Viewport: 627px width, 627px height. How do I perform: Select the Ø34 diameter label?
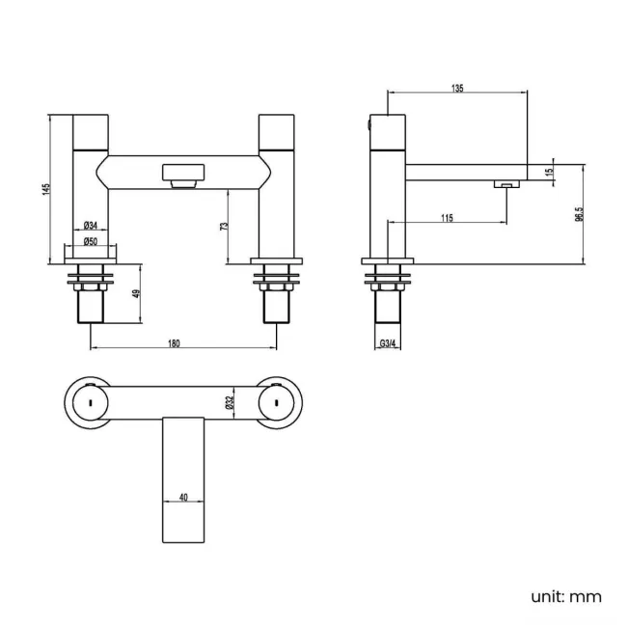(89, 226)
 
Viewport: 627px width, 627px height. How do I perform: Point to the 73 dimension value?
(224, 226)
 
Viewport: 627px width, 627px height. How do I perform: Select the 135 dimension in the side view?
(457, 88)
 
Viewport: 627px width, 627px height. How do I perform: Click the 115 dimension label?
(447, 218)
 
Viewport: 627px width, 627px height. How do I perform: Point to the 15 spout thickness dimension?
(549, 172)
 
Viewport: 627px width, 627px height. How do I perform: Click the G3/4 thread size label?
(389, 342)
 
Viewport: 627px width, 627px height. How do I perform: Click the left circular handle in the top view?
(89, 397)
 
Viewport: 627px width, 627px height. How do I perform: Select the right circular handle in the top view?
(276, 397)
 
